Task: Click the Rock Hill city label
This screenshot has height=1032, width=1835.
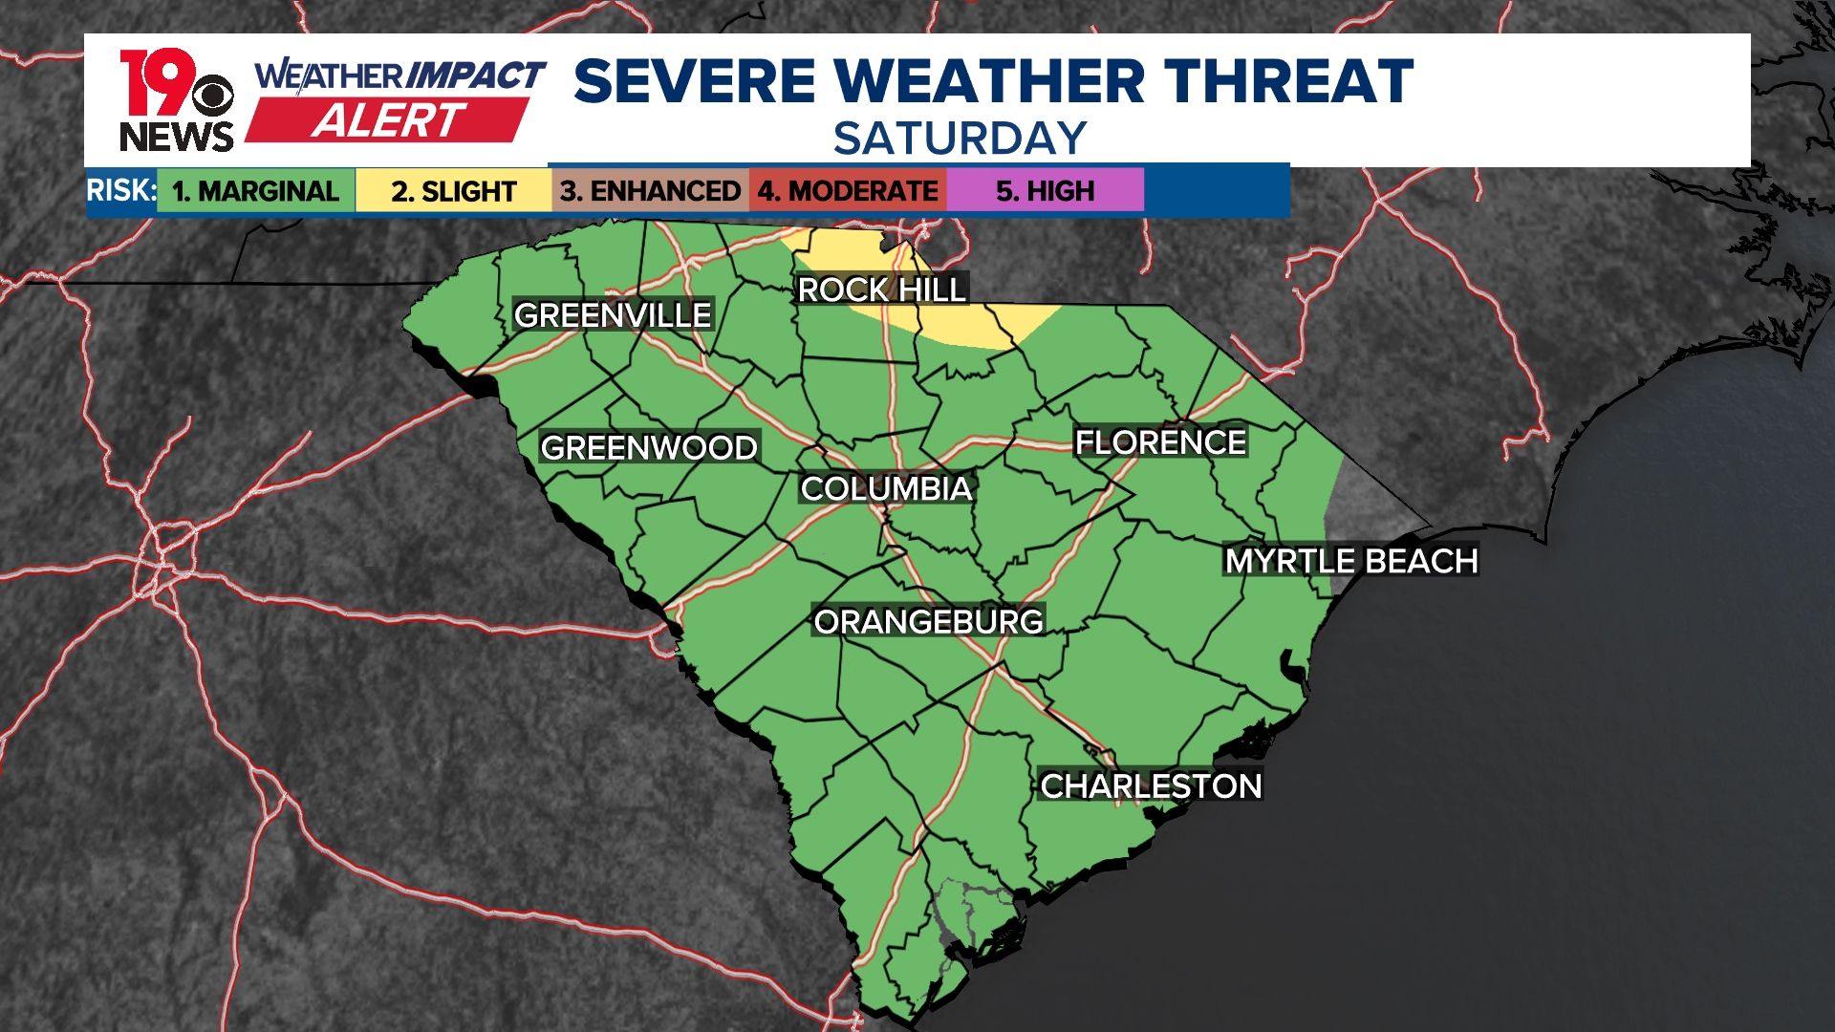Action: pos(881,290)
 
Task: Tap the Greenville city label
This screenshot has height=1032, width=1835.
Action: pos(613,315)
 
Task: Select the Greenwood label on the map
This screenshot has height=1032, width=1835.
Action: pos(649,447)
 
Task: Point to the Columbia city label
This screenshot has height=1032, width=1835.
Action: pos(886,489)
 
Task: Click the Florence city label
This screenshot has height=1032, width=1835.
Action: pos(1160,442)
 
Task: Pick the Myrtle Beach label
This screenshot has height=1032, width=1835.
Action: pos(1351,561)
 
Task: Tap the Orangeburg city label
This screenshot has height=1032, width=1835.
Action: pos(928,622)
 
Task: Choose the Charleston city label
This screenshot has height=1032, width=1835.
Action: pos(1151,786)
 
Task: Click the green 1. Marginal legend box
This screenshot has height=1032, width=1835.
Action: pos(255,191)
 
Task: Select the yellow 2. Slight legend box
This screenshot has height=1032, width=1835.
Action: pos(453,191)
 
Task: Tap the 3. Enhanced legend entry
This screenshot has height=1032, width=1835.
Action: pos(650,191)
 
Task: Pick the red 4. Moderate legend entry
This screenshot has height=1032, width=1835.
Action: pos(848,191)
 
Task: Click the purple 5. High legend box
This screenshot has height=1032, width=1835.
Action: pos(1045,191)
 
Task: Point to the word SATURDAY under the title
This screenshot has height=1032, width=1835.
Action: pos(960,139)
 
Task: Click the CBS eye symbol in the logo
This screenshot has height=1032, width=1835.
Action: pos(212,96)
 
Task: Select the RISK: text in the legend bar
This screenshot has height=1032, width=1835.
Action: pos(121,190)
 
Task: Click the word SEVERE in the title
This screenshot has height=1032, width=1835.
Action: pos(695,81)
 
